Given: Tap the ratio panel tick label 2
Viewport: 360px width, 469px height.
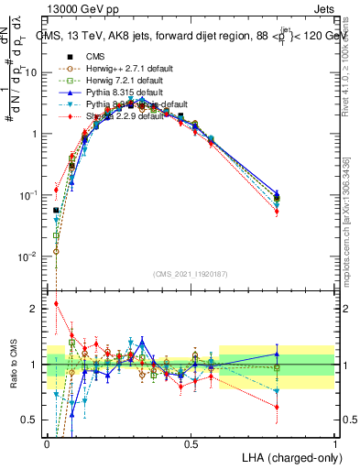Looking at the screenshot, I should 34,309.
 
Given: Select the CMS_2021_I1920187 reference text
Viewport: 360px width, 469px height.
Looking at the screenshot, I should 191,275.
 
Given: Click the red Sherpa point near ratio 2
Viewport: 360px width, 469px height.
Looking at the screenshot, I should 57,304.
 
